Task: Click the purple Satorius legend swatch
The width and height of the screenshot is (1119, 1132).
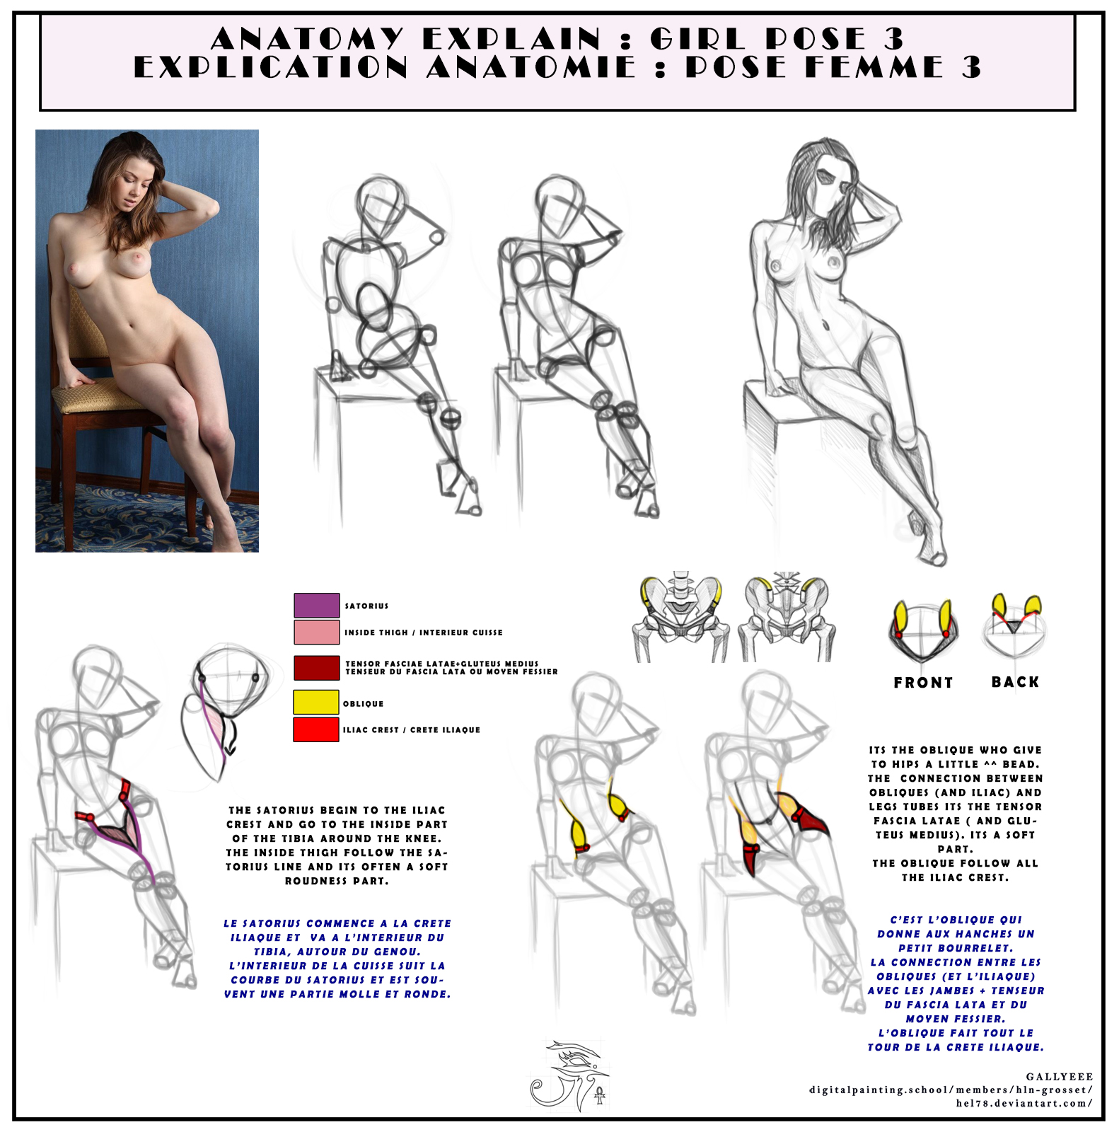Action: [317, 605]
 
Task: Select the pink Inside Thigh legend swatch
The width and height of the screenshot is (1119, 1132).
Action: [317, 632]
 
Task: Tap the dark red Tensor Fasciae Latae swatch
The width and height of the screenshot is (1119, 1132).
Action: [317, 668]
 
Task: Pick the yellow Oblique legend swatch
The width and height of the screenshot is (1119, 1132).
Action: [316, 702]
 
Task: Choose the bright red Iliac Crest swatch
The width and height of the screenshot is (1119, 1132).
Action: [316, 729]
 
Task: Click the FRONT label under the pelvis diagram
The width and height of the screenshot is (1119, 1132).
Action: [923, 683]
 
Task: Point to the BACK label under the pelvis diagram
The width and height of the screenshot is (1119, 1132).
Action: [1015, 682]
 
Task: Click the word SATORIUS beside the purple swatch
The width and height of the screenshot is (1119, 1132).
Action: [366, 606]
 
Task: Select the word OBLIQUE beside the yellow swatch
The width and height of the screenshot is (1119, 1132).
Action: [364, 704]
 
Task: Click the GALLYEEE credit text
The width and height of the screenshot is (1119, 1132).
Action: [1059, 1077]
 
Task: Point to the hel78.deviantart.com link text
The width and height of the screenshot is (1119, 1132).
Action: [1024, 1103]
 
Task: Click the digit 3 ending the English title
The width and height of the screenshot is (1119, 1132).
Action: [894, 38]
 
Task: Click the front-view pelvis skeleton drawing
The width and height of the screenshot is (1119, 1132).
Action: [680, 616]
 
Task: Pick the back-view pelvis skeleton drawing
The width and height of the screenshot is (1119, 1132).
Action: [786, 616]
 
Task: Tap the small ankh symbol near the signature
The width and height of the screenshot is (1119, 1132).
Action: [600, 1097]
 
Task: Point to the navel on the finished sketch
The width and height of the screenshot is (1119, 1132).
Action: [825, 325]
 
